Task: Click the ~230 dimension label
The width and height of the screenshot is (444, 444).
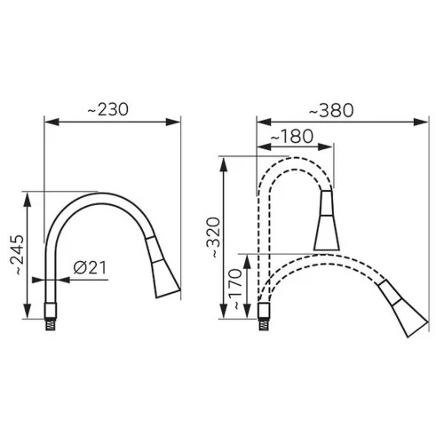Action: pos(108,109)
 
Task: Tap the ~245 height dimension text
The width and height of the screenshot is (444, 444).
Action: pos(17,255)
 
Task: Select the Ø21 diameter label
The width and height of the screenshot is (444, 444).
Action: pos(90,267)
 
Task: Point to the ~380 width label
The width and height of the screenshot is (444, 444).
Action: pos(331,111)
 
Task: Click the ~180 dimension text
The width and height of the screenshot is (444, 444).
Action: pos(292,136)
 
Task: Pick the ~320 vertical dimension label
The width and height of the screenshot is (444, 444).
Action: pos(214,237)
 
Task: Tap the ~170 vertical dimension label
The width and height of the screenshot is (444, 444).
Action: pos(236,289)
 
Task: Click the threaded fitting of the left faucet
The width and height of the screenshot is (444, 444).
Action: pos(51,325)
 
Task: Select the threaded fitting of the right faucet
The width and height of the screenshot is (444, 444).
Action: pos(264,325)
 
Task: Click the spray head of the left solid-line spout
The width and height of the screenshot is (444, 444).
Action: pos(163,267)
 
